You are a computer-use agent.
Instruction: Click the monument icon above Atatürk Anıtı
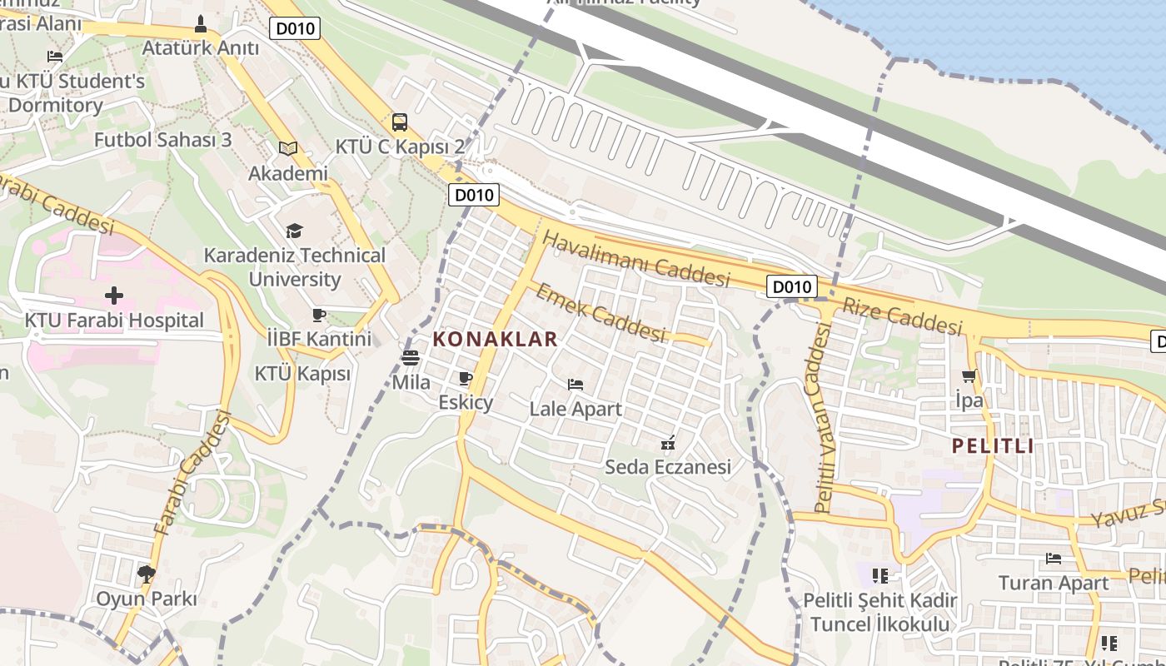(x=200, y=24)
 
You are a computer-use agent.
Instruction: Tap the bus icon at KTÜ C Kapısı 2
(x=400, y=122)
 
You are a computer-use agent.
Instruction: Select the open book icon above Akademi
(x=288, y=148)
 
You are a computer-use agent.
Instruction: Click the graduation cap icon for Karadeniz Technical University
(x=294, y=231)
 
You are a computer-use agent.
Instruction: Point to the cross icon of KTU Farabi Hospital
(x=114, y=296)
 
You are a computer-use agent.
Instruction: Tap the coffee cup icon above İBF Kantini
(x=318, y=315)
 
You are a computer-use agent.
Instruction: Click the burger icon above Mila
(x=410, y=358)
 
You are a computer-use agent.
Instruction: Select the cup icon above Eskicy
(x=466, y=379)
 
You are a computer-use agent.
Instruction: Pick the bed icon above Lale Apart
(x=575, y=385)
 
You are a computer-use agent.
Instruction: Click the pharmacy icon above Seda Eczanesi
(x=667, y=443)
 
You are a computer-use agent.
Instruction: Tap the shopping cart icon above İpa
(x=969, y=375)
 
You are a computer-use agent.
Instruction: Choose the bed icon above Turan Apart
(x=1054, y=559)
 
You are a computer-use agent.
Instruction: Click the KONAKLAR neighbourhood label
(x=495, y=340)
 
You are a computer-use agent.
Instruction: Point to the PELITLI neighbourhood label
(x=993, y=445)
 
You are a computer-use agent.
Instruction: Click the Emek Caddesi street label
(x=600, y=313)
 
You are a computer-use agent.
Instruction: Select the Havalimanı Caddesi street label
(x=636, y=259)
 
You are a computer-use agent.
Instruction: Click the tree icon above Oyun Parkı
(x=147, y=574)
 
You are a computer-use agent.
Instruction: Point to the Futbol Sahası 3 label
(x=162, y=140)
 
